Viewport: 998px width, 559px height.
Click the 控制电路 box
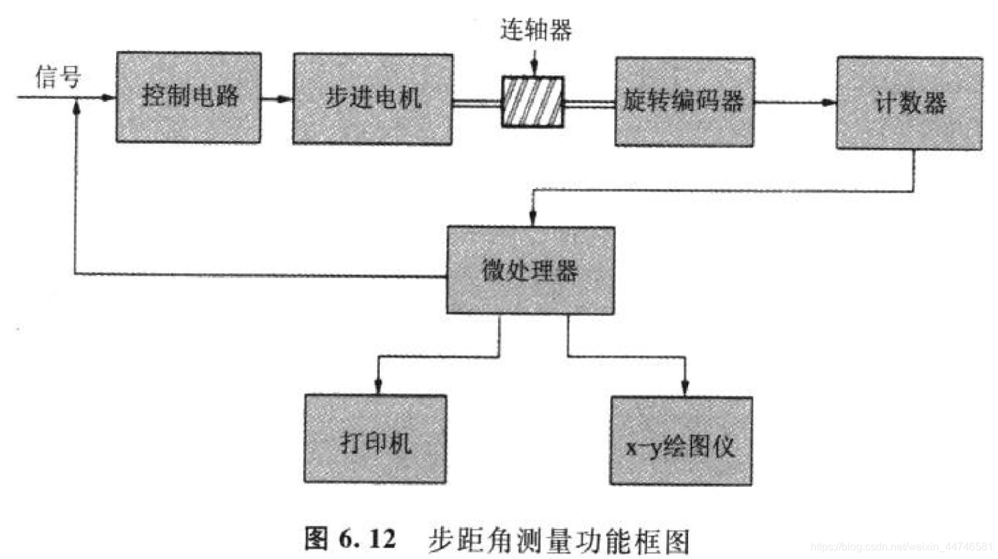(x=189, y=97)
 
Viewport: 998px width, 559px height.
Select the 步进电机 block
(x=372, y=99)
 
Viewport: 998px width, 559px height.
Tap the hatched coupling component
(x=533, y=102)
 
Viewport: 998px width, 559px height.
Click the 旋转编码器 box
(x=684, y=102)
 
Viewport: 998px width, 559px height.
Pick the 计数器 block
(x=909, y=103)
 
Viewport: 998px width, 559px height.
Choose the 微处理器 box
(x=530, y=271)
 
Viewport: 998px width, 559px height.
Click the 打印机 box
(x=375, y=439)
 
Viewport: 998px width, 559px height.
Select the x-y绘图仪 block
(x=681, y=441)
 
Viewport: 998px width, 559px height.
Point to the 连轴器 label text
(x=536, y=30)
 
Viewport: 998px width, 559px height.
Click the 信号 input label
(x=58, y=77)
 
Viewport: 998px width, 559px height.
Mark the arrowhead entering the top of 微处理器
(x=533, y=218)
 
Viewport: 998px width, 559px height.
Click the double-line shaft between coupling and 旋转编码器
(x=589, y=103)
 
